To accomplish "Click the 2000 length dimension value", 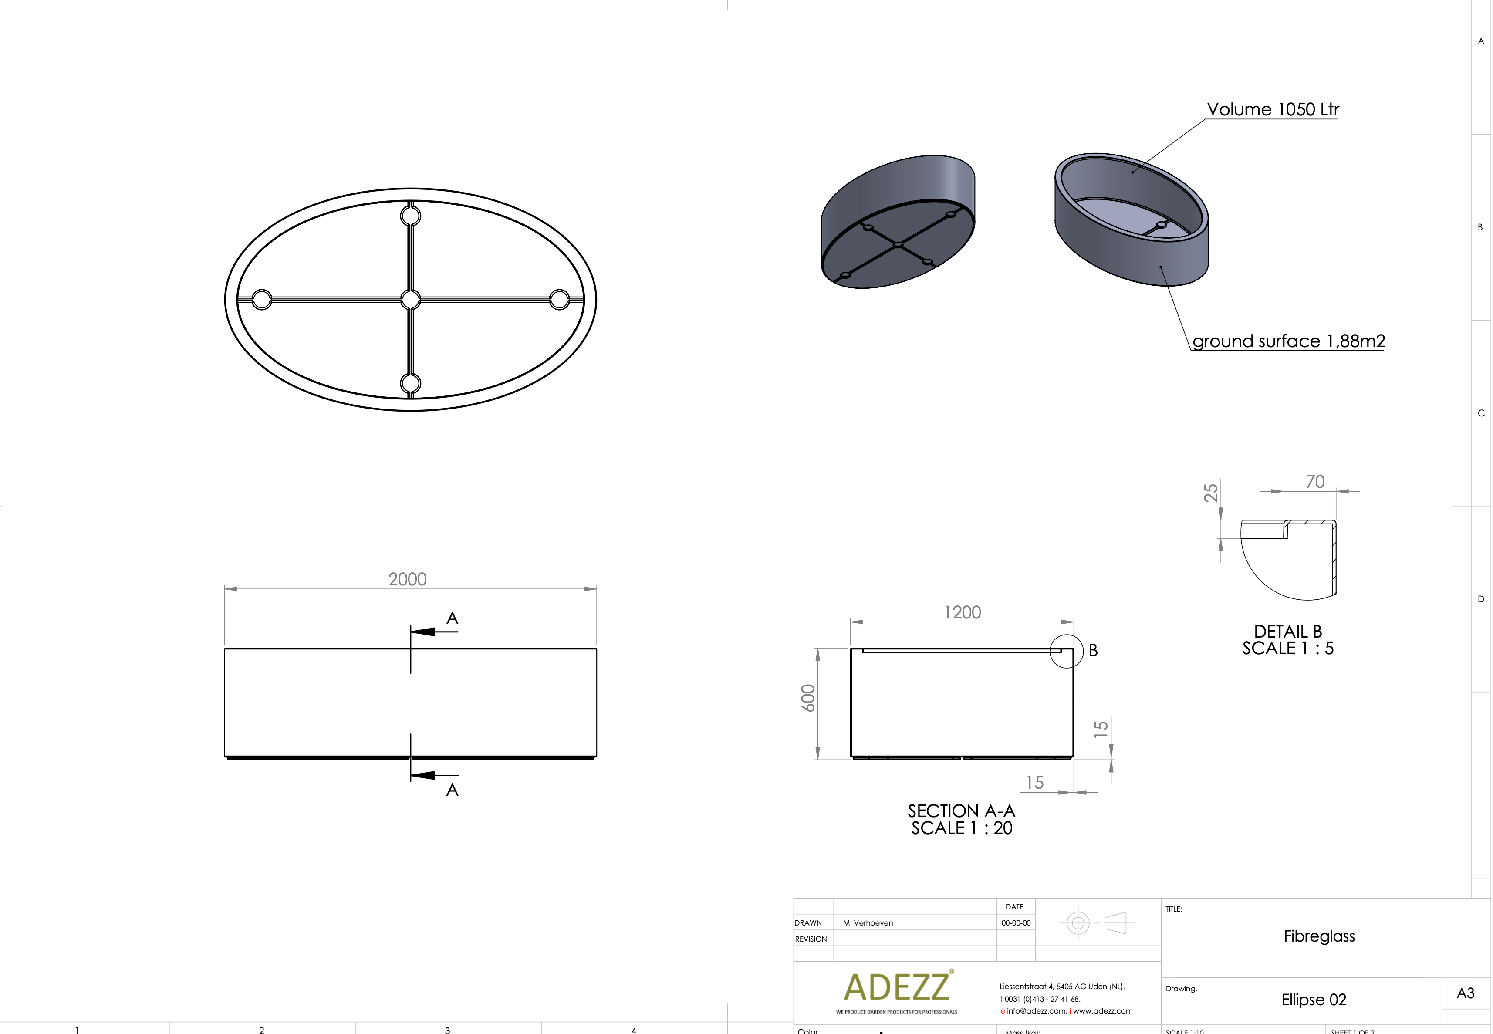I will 407,579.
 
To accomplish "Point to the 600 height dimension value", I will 808,698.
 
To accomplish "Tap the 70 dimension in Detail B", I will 1315,482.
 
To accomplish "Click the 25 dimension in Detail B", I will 1210,493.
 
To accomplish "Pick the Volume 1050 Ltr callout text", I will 1272,109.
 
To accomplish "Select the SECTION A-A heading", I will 961,811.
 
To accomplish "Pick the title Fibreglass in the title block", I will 1319,936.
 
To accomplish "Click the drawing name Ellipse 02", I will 1314,1000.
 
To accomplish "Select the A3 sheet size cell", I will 1465,993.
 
